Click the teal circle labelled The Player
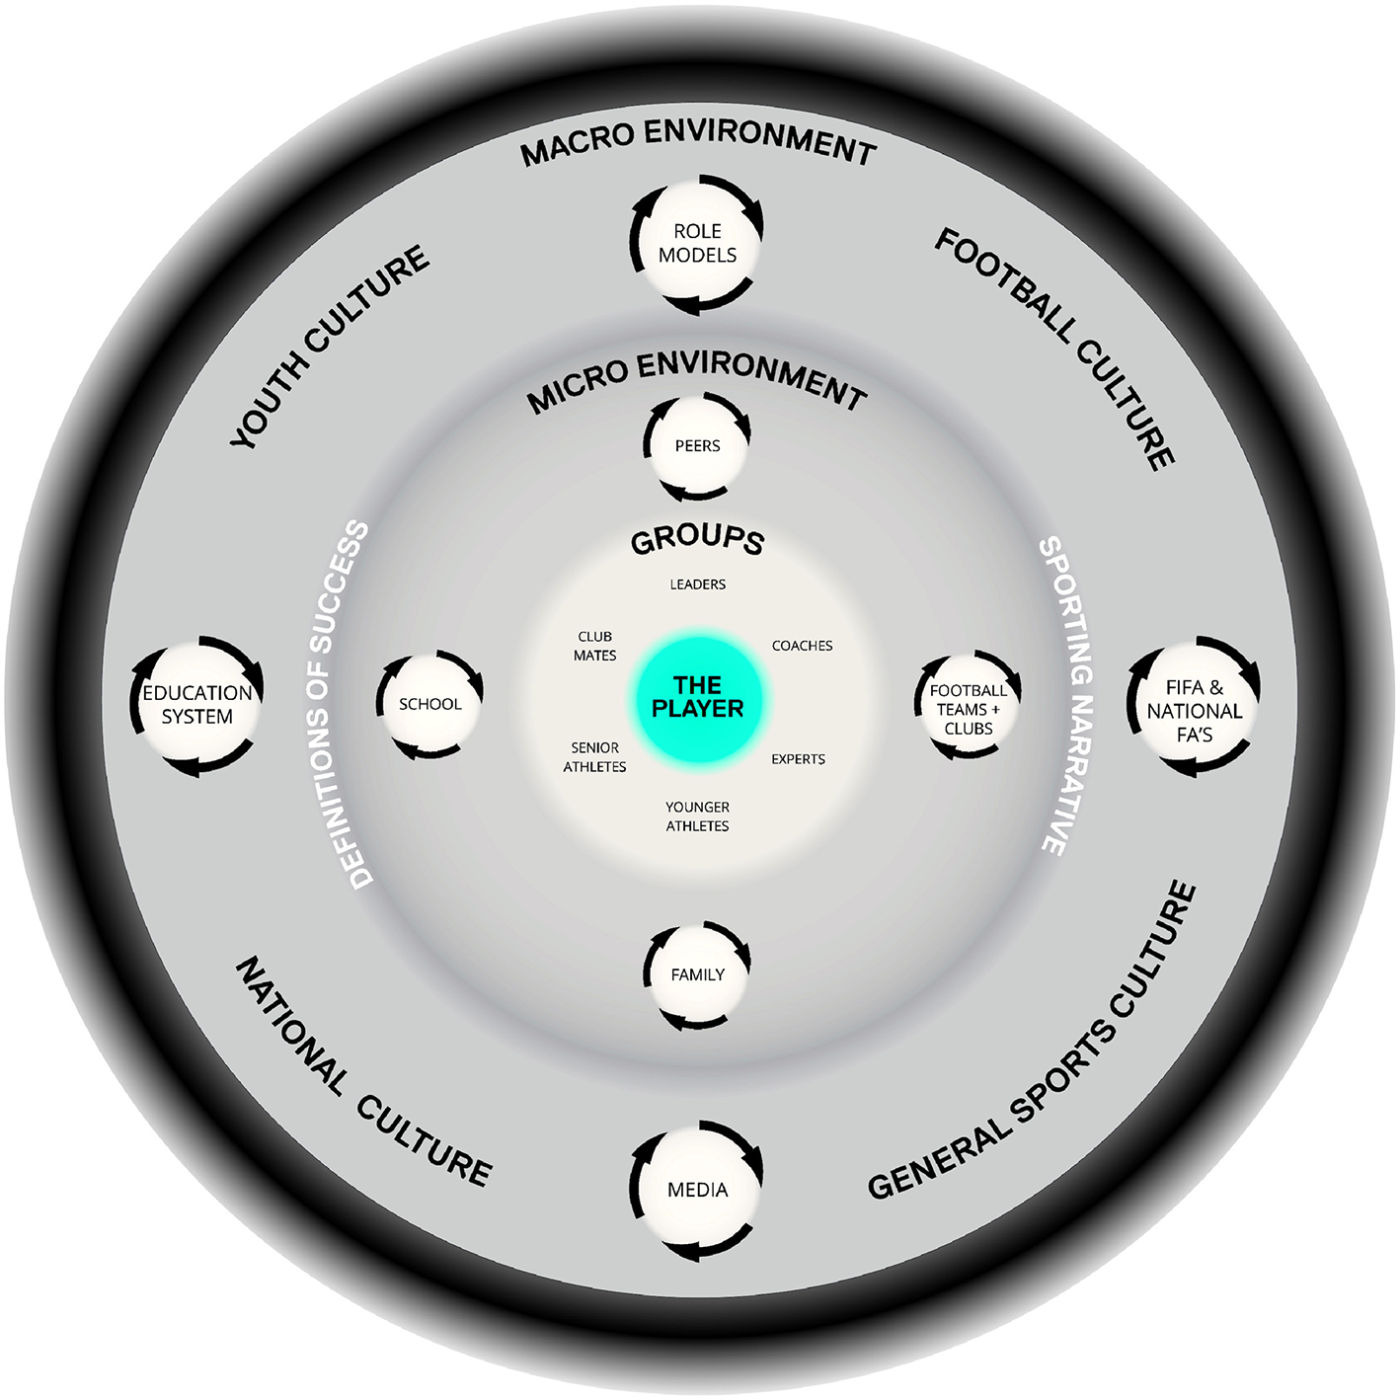(697, 697)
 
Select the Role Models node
(697, 243)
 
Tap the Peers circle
(697, 446)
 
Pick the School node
(429, 704)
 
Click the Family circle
(697, 974)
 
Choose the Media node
(697, 1190)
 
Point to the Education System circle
(197, 705)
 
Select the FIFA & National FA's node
(1194, 710)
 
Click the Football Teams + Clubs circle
(968, 709)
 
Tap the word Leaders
(697, 584)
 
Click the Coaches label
(802, 646)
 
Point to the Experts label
(798, 759)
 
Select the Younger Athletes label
(697, 817)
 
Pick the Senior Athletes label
(594, 757)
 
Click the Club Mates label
(594, 646)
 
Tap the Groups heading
(697, 539)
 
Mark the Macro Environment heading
(697, 141)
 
